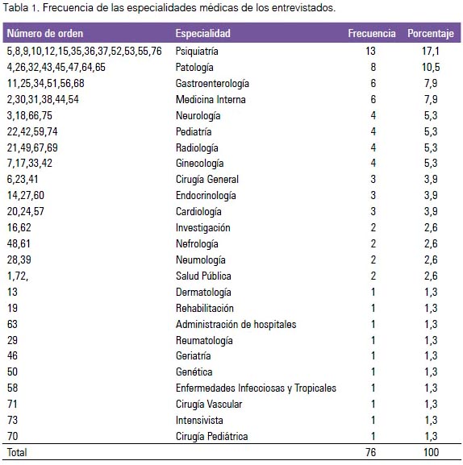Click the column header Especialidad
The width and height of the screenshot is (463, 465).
202,33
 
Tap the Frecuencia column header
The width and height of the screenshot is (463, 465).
372,33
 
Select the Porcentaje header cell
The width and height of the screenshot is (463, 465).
431,34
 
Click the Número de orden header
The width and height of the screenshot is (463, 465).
45,33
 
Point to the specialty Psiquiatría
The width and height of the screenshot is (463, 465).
197,51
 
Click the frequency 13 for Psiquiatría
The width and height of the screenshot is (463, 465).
370,51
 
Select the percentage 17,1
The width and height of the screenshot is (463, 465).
431,52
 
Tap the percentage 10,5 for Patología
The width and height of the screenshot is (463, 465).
431,68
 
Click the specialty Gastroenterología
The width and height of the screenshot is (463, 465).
212,83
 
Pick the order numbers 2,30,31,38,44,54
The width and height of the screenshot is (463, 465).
43,99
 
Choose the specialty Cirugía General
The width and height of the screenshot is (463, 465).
207,180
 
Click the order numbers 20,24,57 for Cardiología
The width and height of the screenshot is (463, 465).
26,211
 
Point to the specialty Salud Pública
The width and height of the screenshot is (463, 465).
203,276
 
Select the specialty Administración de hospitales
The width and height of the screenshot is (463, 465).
236,324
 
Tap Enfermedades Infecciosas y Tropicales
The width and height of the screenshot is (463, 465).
256,388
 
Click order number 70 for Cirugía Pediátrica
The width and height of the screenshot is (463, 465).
12,436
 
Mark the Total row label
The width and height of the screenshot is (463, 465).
17,452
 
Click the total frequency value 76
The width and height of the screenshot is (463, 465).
371,452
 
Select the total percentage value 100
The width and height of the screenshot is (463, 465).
432,452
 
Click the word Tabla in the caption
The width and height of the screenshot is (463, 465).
15,8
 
